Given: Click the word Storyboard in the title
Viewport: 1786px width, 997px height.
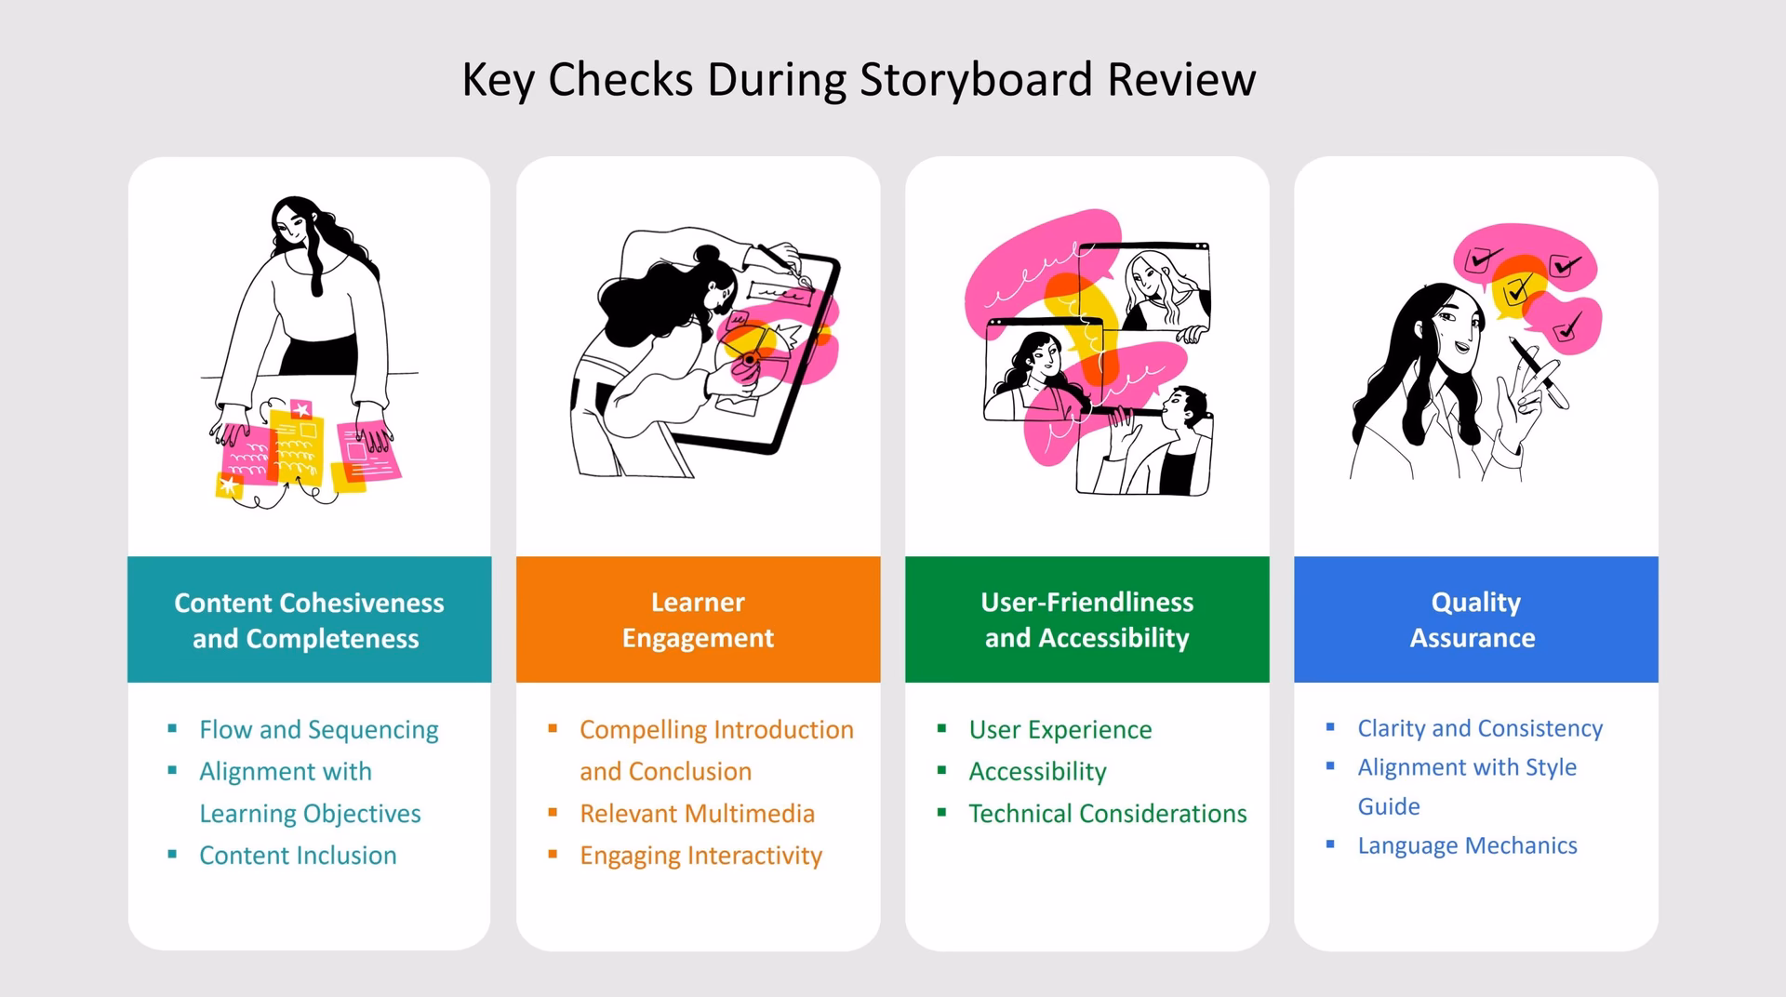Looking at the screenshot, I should (976, 80).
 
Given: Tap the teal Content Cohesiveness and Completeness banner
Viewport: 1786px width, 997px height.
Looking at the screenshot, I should (309, 619).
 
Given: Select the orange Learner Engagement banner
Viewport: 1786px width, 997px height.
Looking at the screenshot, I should (698, 619).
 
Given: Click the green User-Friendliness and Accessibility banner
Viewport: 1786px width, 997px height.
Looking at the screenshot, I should (1086, 619).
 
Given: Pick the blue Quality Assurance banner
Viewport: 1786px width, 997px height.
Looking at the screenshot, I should (1475, 619).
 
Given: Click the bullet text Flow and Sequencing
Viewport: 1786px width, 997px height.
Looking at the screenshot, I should (318, 730).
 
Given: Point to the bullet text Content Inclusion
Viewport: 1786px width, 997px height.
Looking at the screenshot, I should (298, 856).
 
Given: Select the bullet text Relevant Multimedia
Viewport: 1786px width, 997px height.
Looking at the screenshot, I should (697, 814).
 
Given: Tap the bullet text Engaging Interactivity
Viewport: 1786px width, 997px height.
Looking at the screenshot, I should (700, 856).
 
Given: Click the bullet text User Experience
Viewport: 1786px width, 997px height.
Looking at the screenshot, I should (1060, 730).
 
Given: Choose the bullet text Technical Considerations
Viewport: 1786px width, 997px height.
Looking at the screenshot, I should (1107, 814).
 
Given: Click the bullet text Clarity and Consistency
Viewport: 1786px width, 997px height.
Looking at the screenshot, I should (1480, 728).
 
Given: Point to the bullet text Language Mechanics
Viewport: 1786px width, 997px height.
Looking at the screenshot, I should (1467, 845).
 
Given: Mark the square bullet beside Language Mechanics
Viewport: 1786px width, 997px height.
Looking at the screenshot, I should (1330, 844).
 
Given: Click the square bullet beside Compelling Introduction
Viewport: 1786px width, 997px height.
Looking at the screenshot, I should (553, 728).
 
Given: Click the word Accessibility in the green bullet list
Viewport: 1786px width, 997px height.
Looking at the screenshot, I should (1037, 772).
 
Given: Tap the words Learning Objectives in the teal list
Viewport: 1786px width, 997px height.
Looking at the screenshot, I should (310, 814).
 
